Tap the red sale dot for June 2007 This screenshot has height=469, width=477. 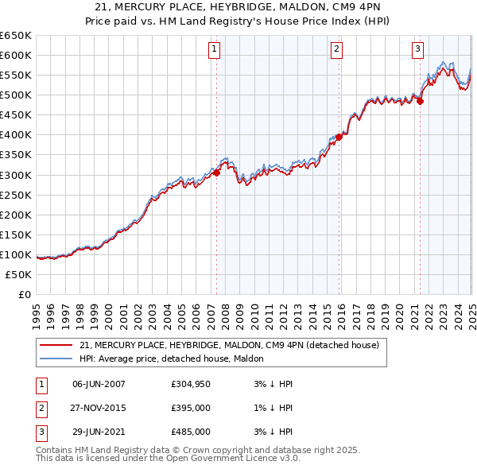tap(216, 172)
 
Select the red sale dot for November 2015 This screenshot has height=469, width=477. tap(339, 137)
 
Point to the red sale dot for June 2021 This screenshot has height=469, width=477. tap(421, 101)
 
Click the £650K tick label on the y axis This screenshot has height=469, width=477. tap(16, 36)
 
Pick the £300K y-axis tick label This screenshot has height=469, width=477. tap(16, 175)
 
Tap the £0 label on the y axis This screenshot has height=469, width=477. tap(24, 294)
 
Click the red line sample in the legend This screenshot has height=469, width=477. tap(56, 346)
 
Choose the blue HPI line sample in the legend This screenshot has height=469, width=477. tap(56, 359)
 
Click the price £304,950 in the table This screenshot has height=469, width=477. tap(191, 384)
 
